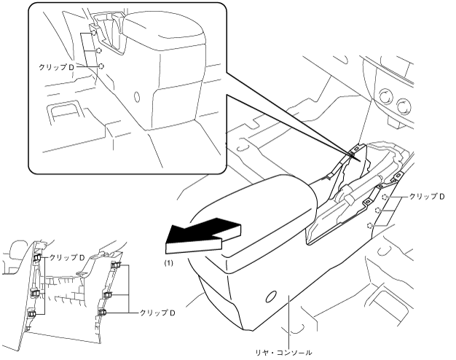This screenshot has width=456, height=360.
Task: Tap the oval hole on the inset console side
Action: coord(138,95)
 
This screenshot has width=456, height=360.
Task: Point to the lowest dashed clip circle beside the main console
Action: coord(371,226)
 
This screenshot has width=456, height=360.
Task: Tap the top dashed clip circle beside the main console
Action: coord(385,197)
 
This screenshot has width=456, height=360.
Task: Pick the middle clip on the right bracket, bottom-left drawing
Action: coord(108,295)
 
